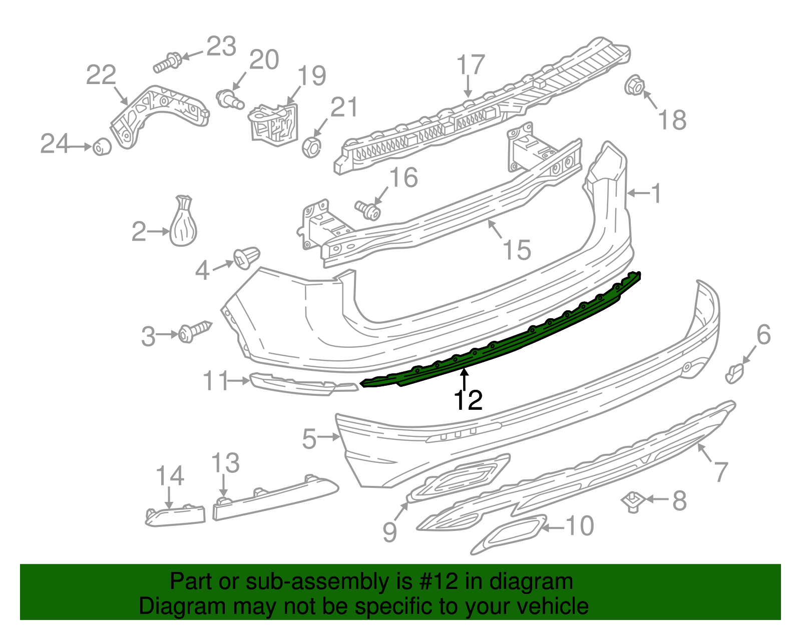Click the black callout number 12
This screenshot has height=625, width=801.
coord(468,400)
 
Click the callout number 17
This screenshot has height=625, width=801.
coord(471,65)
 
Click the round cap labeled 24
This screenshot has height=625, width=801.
coord(102,147)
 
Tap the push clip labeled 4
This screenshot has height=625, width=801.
coord(247,257)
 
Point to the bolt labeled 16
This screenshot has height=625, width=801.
coord(368,210)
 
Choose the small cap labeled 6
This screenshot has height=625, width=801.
coord(734,373)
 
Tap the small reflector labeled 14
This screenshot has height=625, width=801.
coord(175,515)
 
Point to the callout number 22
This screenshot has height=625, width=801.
coord(101,75)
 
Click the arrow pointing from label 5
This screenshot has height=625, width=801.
coord(329,437)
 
